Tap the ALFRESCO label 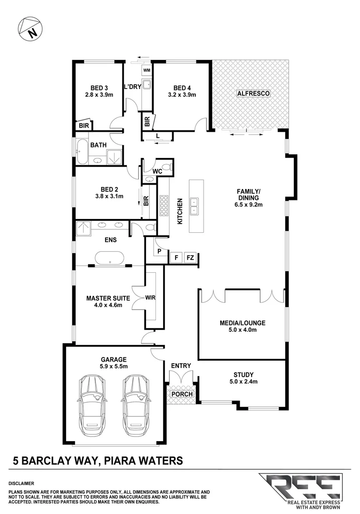click(x=253, y=94)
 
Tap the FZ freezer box click(x=190, y=257)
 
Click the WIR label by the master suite click(x=150, y=298)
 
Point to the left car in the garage click(x=93, y=404)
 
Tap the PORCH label click(x=182, y=394)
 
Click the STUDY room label click(x=243, y=375)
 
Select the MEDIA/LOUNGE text click(x=242, y=323)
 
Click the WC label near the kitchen click(x=157, y=170)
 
